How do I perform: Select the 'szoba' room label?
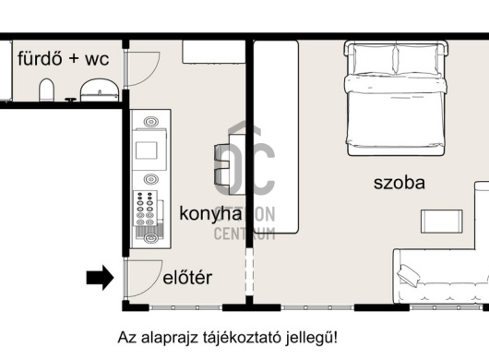pyautogui.click(x=400, y=182)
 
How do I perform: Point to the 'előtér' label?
pyautogui.click(x=189, y=276)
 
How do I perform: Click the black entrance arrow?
pyautogui.click(x=99, y=276)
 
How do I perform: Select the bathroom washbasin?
pyautogui.click(x=98, y=90)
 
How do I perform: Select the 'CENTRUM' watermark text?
pyautogui.click(x=244, y=234)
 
